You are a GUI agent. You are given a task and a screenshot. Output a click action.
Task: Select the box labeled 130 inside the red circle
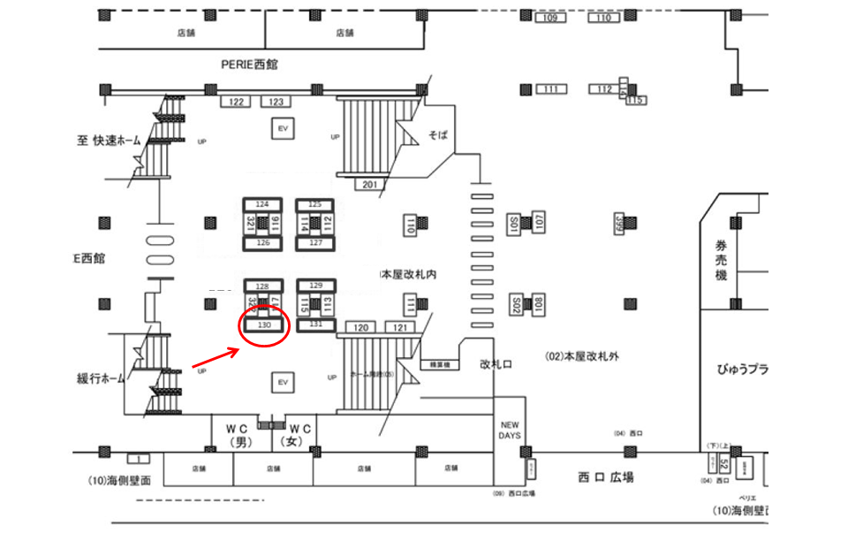point(263,325)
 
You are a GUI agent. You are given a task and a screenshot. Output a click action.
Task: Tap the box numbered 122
point(236,103)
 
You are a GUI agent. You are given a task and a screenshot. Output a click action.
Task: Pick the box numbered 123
point(276,103)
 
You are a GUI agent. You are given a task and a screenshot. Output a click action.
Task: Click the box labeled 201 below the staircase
point(370,184)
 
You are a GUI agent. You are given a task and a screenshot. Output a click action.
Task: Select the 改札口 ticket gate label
point(496,363)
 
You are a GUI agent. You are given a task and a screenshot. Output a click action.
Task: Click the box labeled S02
point(515,306)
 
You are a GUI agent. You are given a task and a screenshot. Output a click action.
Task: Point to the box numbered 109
point(550,19)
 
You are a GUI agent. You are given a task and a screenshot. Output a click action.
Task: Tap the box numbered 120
point(361,328)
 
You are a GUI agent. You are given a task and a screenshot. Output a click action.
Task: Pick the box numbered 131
point(316,324)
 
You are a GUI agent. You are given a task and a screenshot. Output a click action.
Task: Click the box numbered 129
point(316,285)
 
